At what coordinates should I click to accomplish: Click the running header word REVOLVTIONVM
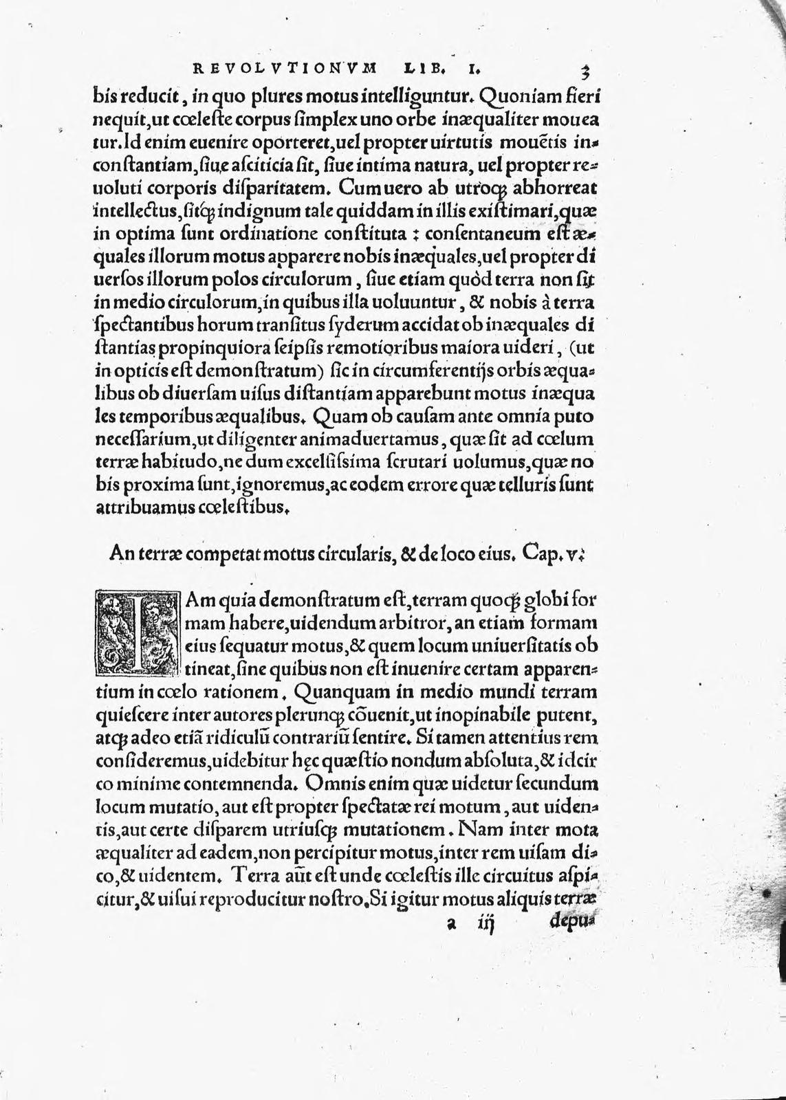click(283, 68)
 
